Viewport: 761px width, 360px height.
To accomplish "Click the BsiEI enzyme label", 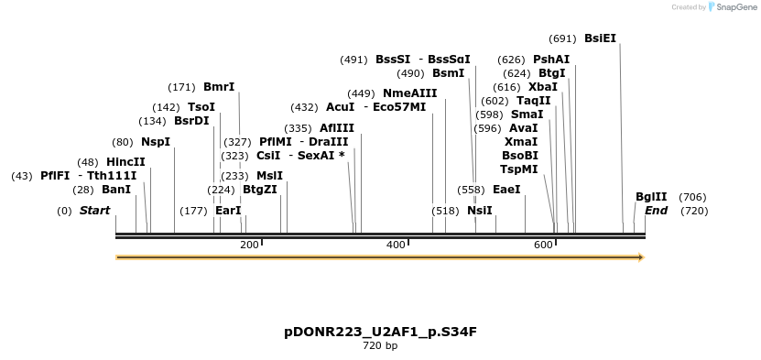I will (x=600, y=38).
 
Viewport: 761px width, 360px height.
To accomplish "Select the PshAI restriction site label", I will (x=550, y=60).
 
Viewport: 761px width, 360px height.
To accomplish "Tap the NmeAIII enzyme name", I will (x=409, y=93).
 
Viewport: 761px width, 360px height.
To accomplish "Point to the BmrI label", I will (x=218, y=87).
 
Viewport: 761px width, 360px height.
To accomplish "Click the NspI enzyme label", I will (x=155, y=142).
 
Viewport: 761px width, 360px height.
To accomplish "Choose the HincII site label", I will (x=125, y=162).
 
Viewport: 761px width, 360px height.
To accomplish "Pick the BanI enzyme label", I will (x=115, y=190).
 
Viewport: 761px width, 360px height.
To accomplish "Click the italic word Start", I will (x=94, y=211).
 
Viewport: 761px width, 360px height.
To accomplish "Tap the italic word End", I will (x=656, y=211).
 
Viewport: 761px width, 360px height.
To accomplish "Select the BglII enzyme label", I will (x=651, y=197).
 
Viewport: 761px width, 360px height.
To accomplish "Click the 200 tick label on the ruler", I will (x=249, y=245).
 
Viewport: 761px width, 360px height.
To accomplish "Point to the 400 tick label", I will (x=396, y=245).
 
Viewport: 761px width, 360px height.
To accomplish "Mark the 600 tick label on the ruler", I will (x=543, y=245).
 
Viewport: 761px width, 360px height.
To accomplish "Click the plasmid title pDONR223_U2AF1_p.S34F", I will (x=380, y=332).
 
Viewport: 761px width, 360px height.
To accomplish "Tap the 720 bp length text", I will (x=380, y=346).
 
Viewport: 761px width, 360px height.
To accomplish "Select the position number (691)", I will (x=561, y=38).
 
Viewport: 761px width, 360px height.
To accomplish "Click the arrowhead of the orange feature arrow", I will (x=640, y=257).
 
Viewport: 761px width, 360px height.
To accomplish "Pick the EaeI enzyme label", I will (x=506, y=190).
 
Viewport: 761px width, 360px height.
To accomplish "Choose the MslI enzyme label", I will (x=269, y=176).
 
